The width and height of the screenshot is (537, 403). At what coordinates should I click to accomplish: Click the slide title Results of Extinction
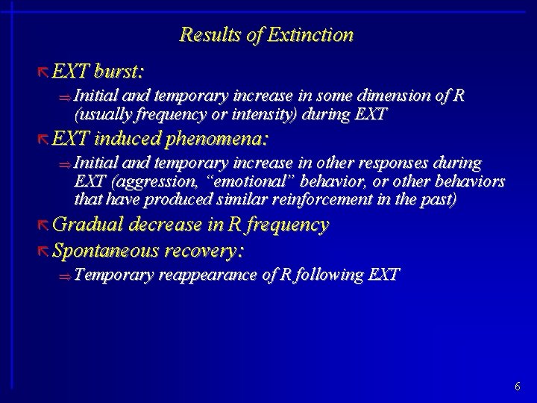[266, 35]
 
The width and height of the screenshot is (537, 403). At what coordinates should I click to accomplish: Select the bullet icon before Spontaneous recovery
[44, 250]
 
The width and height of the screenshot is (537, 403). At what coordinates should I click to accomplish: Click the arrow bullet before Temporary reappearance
[66, 276]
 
